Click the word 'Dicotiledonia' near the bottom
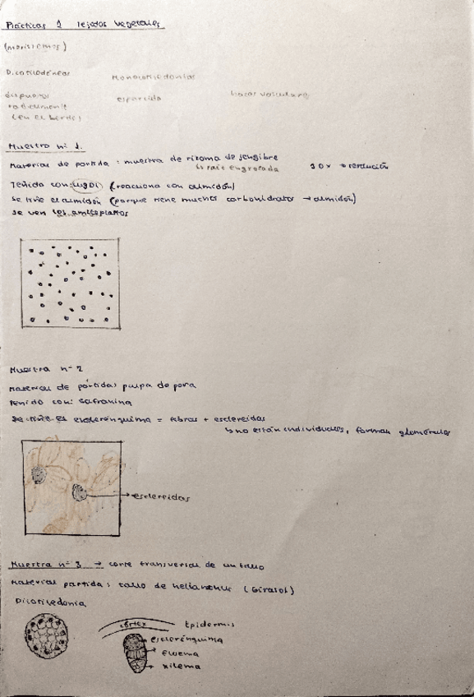[41, 601]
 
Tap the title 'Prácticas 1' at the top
[29, 25]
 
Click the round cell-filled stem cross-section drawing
[48, 636]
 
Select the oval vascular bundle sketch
[136, 652]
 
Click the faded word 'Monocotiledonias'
[153, 77]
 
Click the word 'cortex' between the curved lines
[131, 623]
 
